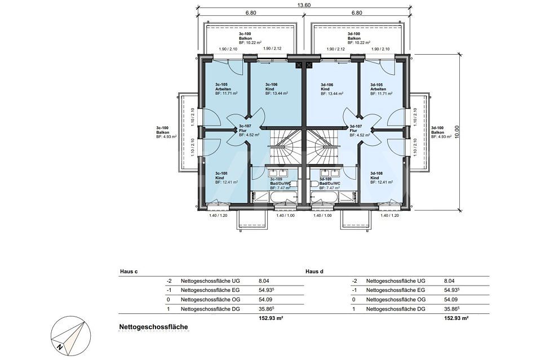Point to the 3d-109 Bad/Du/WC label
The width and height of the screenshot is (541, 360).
click(329, 183)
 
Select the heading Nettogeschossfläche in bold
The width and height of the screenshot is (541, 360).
click(153, 326)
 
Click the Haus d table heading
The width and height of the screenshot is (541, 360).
click(314, 272)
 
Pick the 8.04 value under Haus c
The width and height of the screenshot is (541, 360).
click(263, 280)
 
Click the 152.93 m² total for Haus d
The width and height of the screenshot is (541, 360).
click(456, 318)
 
